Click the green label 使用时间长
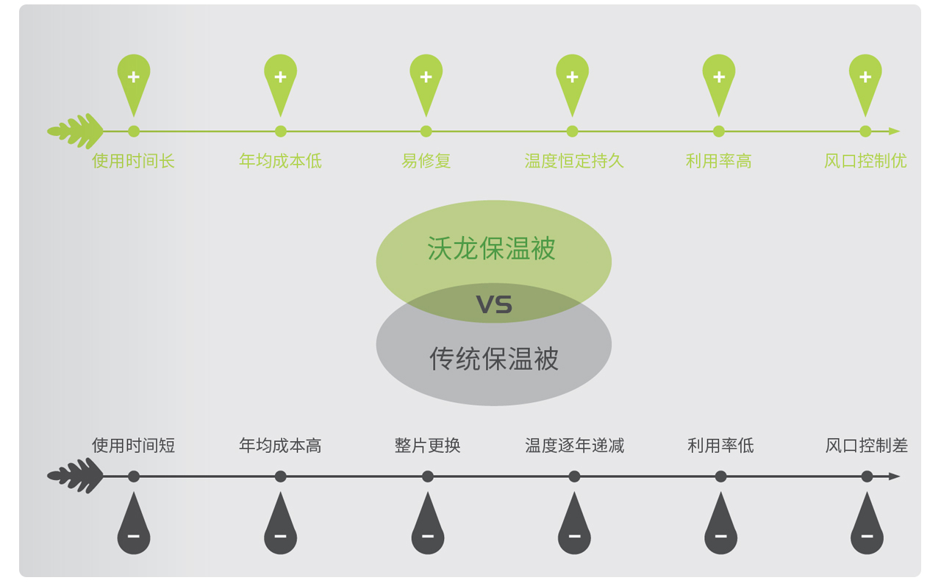pos(133,161)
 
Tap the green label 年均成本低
pos(280,161)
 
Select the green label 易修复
pos(426,161)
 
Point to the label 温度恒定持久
pos(573,161)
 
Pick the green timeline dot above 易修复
pos(426,132)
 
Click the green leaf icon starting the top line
pos(76,132)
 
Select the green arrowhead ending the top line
pos(894,132)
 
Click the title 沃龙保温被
pos(491,248)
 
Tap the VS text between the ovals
pos(494,304)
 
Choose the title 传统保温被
pos(494,359)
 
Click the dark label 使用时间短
pos(133,446)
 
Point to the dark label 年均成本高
pos(280,446)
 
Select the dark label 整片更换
pos(427,446)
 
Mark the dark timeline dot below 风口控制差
pos(867,476)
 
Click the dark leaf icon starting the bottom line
pos(76,476)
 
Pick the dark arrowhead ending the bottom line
pos(894,476)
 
